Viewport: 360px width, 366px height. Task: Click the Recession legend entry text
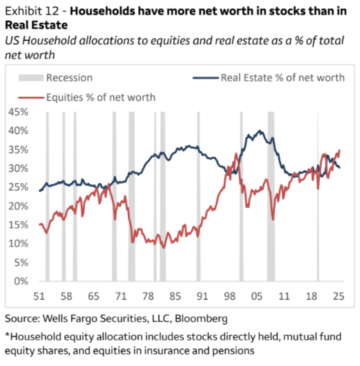click(x=69, y=78)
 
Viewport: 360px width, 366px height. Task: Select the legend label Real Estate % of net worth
click(x=283, y=78)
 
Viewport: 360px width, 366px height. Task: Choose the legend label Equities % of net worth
click(x=100, y=97)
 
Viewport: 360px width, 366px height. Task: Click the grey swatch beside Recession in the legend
click(x=31, y=78)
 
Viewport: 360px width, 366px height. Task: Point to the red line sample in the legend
click(x=31, y=97)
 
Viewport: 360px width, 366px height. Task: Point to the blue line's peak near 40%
click(x=260, y=131)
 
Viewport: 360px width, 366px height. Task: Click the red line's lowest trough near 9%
click(x=164, y=248)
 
